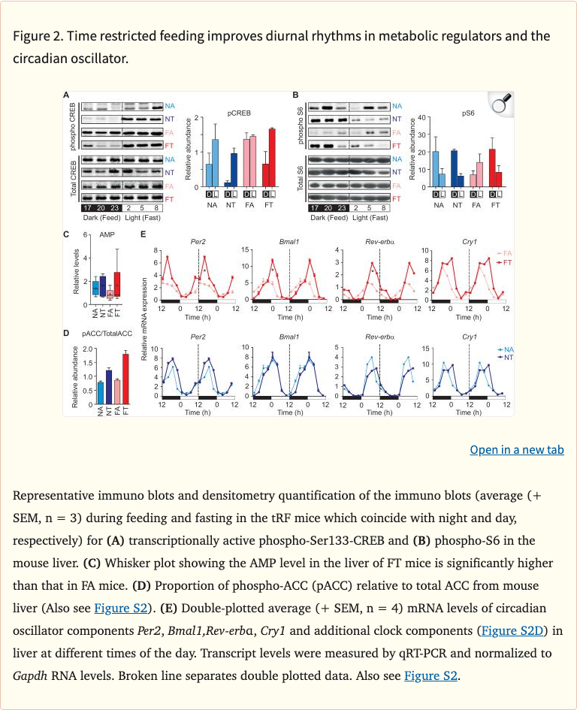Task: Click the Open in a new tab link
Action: (517, 449)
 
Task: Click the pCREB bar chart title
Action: (239, 113)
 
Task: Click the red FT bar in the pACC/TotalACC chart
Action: (125, 379)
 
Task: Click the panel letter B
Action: (296, 95)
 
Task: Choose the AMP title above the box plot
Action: (107, 235)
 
